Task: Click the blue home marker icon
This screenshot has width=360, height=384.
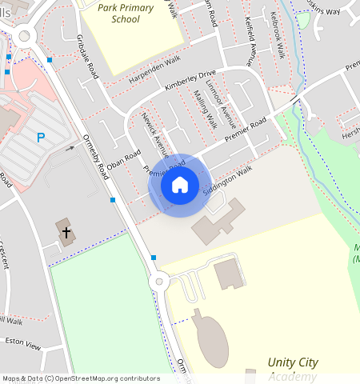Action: click(180, 185)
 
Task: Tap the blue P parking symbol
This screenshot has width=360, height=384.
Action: click(40, 138)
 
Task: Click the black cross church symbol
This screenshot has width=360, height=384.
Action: click(66, 232)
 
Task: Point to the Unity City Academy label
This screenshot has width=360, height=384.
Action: click(292, 369)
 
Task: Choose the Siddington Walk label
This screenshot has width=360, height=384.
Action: click(227, 181)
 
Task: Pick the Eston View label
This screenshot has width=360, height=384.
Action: click(22, 345)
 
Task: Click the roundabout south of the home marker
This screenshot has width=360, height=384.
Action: click(159, 281)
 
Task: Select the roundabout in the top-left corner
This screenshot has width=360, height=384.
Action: click(21, 36)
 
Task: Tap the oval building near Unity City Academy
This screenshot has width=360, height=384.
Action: click(210, 339)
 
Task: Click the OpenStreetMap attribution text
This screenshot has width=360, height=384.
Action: click(80, 378)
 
